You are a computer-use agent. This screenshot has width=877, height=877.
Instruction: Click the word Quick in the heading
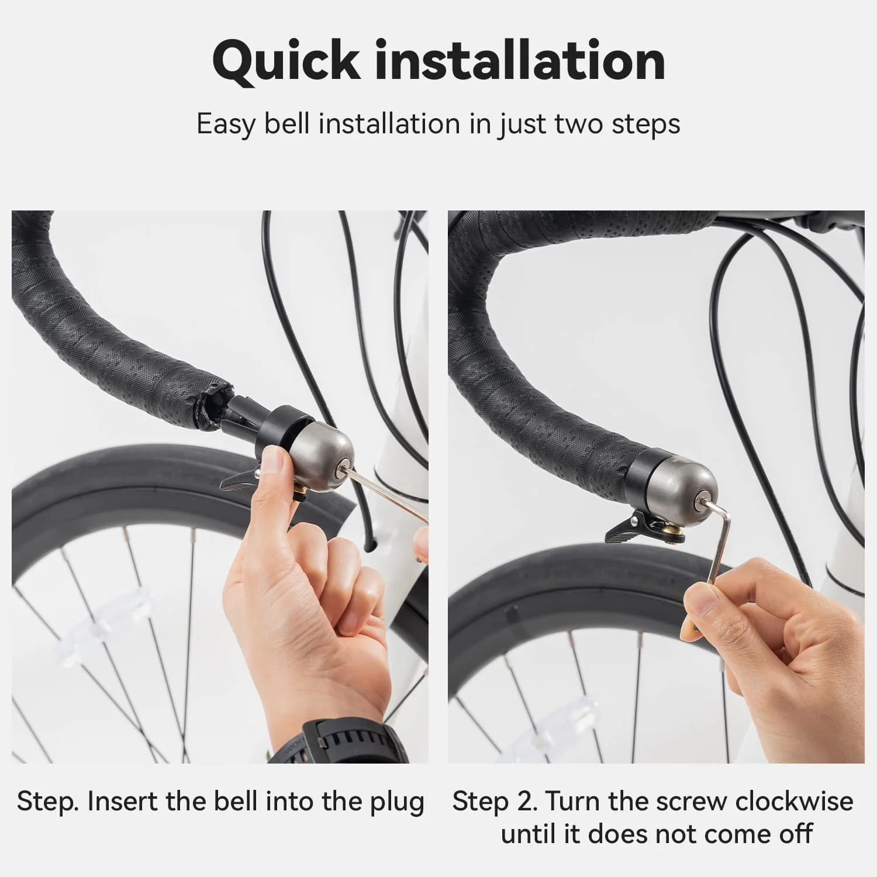(x=286, y=61)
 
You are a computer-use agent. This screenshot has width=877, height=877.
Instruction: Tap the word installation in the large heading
(x=520, y=60)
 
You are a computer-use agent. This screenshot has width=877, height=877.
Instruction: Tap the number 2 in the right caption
(x=528, y=802)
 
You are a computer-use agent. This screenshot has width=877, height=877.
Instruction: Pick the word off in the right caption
(x=796, y=833)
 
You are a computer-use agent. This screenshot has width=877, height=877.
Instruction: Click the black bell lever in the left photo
(x=240, y=476)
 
